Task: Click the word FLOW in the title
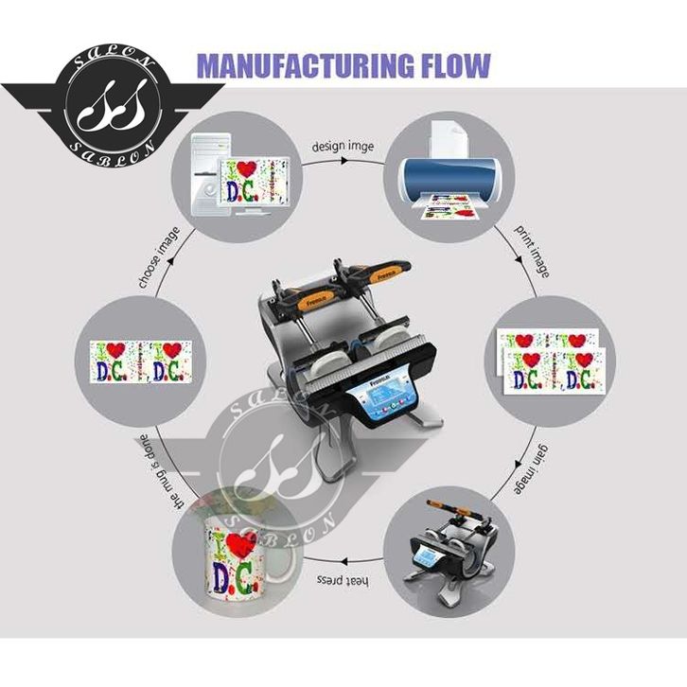pos(454,65)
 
